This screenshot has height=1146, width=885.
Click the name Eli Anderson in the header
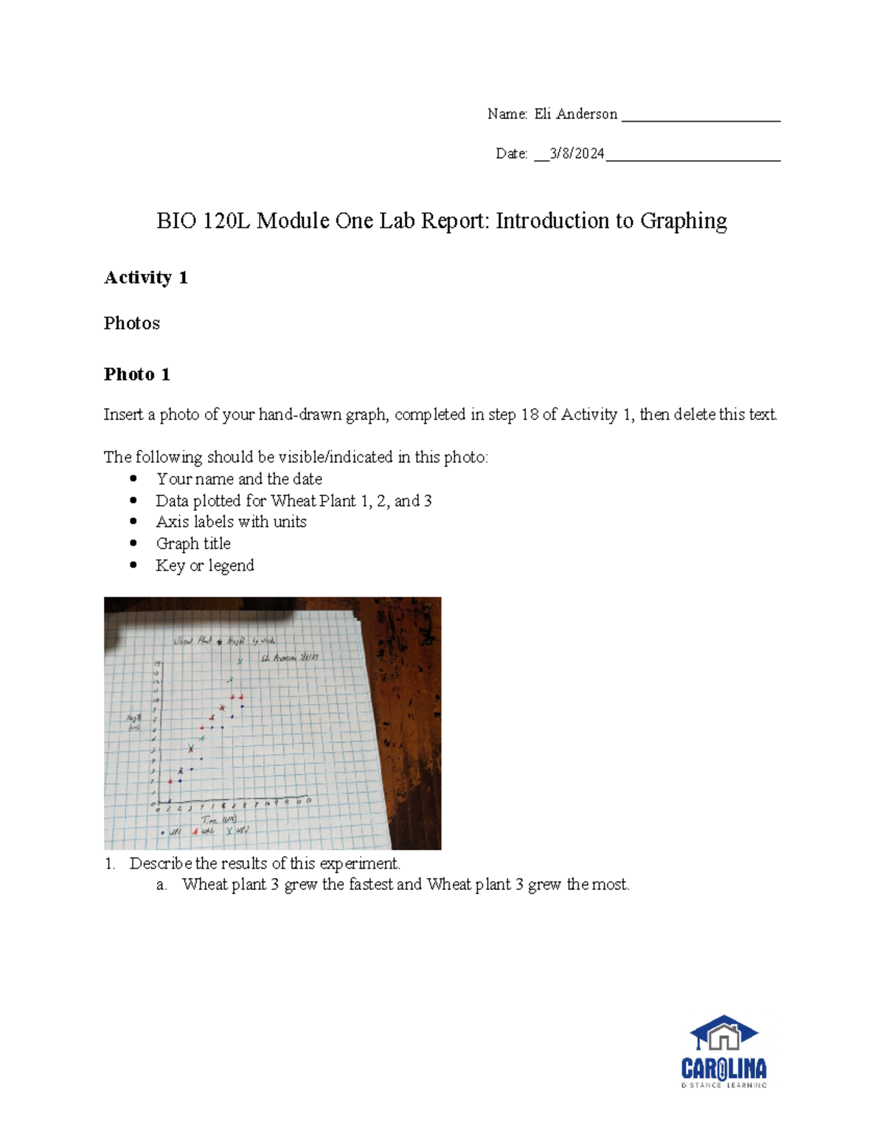pos(575,114)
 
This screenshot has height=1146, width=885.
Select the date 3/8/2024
pos(577,153)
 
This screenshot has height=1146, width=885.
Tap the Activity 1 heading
pos(146,277)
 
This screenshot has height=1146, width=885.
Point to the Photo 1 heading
pos(137,375)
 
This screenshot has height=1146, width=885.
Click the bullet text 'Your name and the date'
pos(239,479)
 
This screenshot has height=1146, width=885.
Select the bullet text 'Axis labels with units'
pos(231,522)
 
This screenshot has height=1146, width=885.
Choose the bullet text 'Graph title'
pos(193,544)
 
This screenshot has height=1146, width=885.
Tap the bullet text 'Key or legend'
pos(205,565)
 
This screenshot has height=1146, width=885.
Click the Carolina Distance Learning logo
pos(723,1051)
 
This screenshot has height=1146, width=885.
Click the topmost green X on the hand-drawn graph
pos(240,661)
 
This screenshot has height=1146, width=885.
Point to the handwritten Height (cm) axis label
pos(133,722)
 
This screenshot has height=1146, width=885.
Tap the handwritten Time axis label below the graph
pos(219,820)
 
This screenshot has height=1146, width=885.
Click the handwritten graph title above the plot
pos(224,641)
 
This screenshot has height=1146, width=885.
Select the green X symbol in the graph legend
pos(229,831)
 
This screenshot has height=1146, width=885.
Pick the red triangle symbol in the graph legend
pos(195,831)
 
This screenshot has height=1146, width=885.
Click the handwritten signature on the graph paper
pos(289,657)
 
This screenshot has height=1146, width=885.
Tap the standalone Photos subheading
pos(132,323)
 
